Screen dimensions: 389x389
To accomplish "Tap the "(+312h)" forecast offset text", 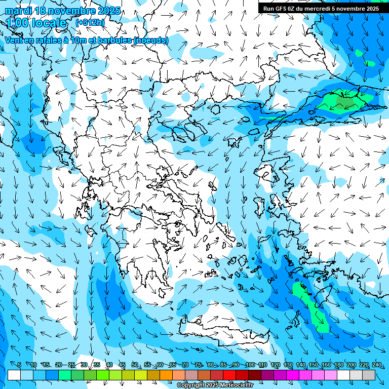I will pyautogui.click(x=90, y=22).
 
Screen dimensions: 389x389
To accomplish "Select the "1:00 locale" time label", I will pyautogui.click(x=36, y=23).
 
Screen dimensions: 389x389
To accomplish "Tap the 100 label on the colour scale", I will pyautogui.click(x=250, y=365).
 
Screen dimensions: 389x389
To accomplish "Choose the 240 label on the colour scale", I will pyautogui.click(x=376, y=365).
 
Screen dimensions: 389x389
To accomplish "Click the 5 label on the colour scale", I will pyautogui.click(x=19, y=365).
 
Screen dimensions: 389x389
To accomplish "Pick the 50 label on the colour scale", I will pyautogui.click(x=135, y=365).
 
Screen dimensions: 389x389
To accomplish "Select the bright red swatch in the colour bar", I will pyautogui.click(x=229, y=375).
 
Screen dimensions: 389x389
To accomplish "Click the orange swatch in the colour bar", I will pyautogui.click(x=166, y=375).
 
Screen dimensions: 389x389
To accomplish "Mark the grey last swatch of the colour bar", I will pyautogui.click(x=369, y=375).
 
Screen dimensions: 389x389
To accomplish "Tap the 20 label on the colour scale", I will pyautogui.click(x=59, y=365).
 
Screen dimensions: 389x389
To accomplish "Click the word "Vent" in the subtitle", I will pyautogui.click(x=15, y=40).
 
